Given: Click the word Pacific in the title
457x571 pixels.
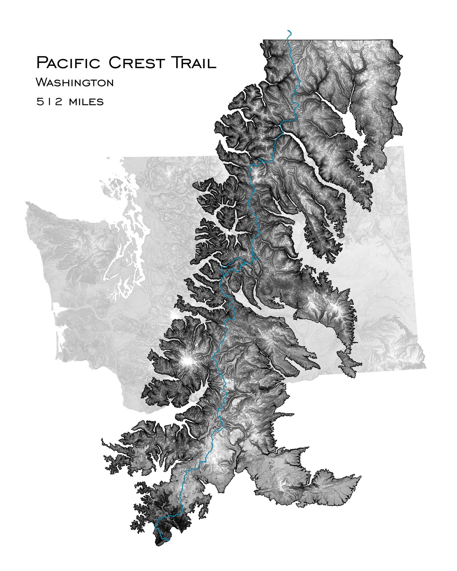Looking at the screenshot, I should pos(68,63).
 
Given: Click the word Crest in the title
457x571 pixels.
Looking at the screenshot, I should pos(137,63).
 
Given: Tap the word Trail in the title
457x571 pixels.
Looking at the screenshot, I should pos(194,63).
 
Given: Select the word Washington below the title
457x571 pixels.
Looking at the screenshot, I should pos(75,83).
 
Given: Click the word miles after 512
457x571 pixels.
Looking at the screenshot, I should pos(86,102).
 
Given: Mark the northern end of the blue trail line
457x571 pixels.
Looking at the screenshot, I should pos(288,30).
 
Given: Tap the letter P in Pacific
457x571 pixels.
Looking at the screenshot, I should pos(42,63).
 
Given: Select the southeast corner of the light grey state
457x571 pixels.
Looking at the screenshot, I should pos(425,367).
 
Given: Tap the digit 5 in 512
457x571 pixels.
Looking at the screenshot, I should pos(39,102).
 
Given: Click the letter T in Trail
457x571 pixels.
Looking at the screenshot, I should pos(176,62).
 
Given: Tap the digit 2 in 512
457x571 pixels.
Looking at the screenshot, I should pos(59,102).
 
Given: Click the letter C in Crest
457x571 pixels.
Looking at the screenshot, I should pos(115,63).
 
